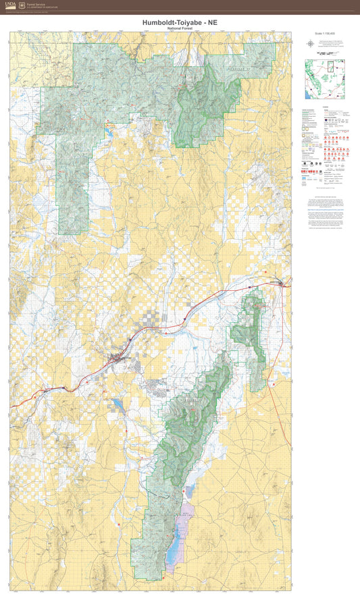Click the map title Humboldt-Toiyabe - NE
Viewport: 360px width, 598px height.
pyautogui.click(x=180, y=22)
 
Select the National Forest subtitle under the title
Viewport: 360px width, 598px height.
pyautogui.click(x=180, y=28)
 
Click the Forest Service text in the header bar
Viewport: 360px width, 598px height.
pyautogui.click(x=37, y=4)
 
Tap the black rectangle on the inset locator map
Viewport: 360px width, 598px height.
pyautogui.click(x=330, y=66)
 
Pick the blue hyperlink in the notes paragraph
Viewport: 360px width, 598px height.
pyautogui.click(x=324, y=210)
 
